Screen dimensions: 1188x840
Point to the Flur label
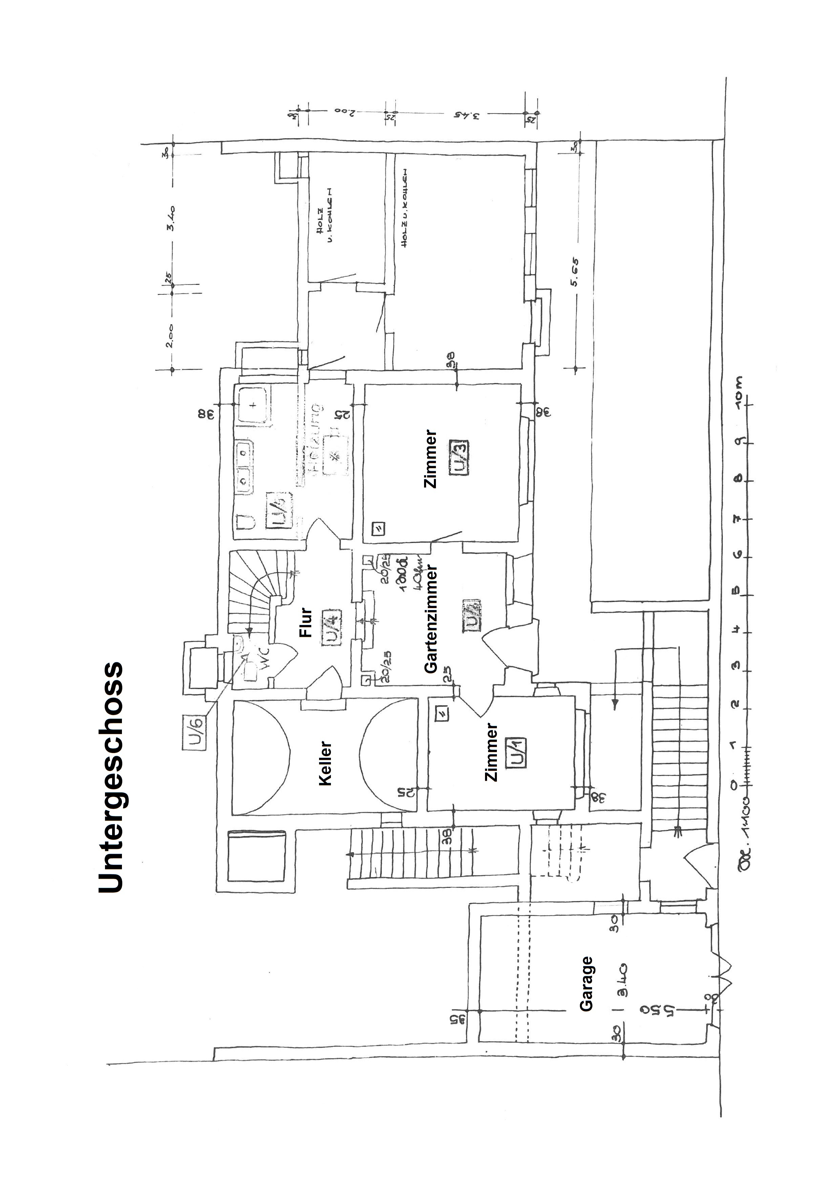(306, 622)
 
